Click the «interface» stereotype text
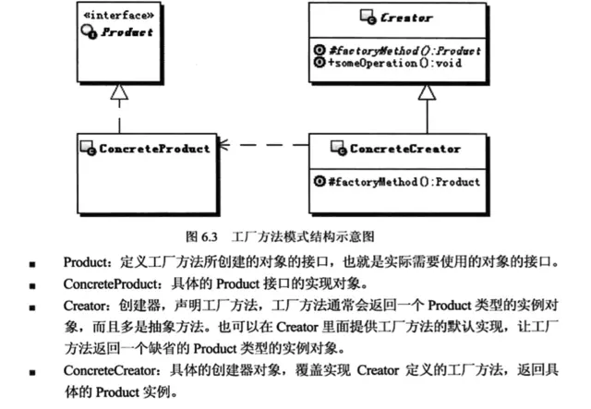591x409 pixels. point(119,16)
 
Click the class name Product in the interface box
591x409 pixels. point(127,32)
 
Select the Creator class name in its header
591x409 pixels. point(406,18)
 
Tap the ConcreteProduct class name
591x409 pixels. point(154,149)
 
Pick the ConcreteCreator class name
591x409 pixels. point(405,149)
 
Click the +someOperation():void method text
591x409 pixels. point(394,63)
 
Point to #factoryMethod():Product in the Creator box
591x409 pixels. point(404,51)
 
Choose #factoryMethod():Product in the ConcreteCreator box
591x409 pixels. point(404,182)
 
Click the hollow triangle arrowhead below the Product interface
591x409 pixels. point(119,91)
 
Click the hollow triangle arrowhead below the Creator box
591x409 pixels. point(427,92)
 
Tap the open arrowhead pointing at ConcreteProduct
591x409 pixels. point(223,145)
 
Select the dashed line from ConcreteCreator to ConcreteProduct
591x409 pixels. point(263,145)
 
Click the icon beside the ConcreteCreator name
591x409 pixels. point(339,148)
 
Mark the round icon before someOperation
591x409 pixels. point(320,62)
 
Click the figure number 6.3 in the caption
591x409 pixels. point(210,236)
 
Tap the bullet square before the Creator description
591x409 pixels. point(32,307)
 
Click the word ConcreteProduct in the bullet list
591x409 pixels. point(110,283)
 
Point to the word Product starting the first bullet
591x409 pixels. point(85,262)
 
